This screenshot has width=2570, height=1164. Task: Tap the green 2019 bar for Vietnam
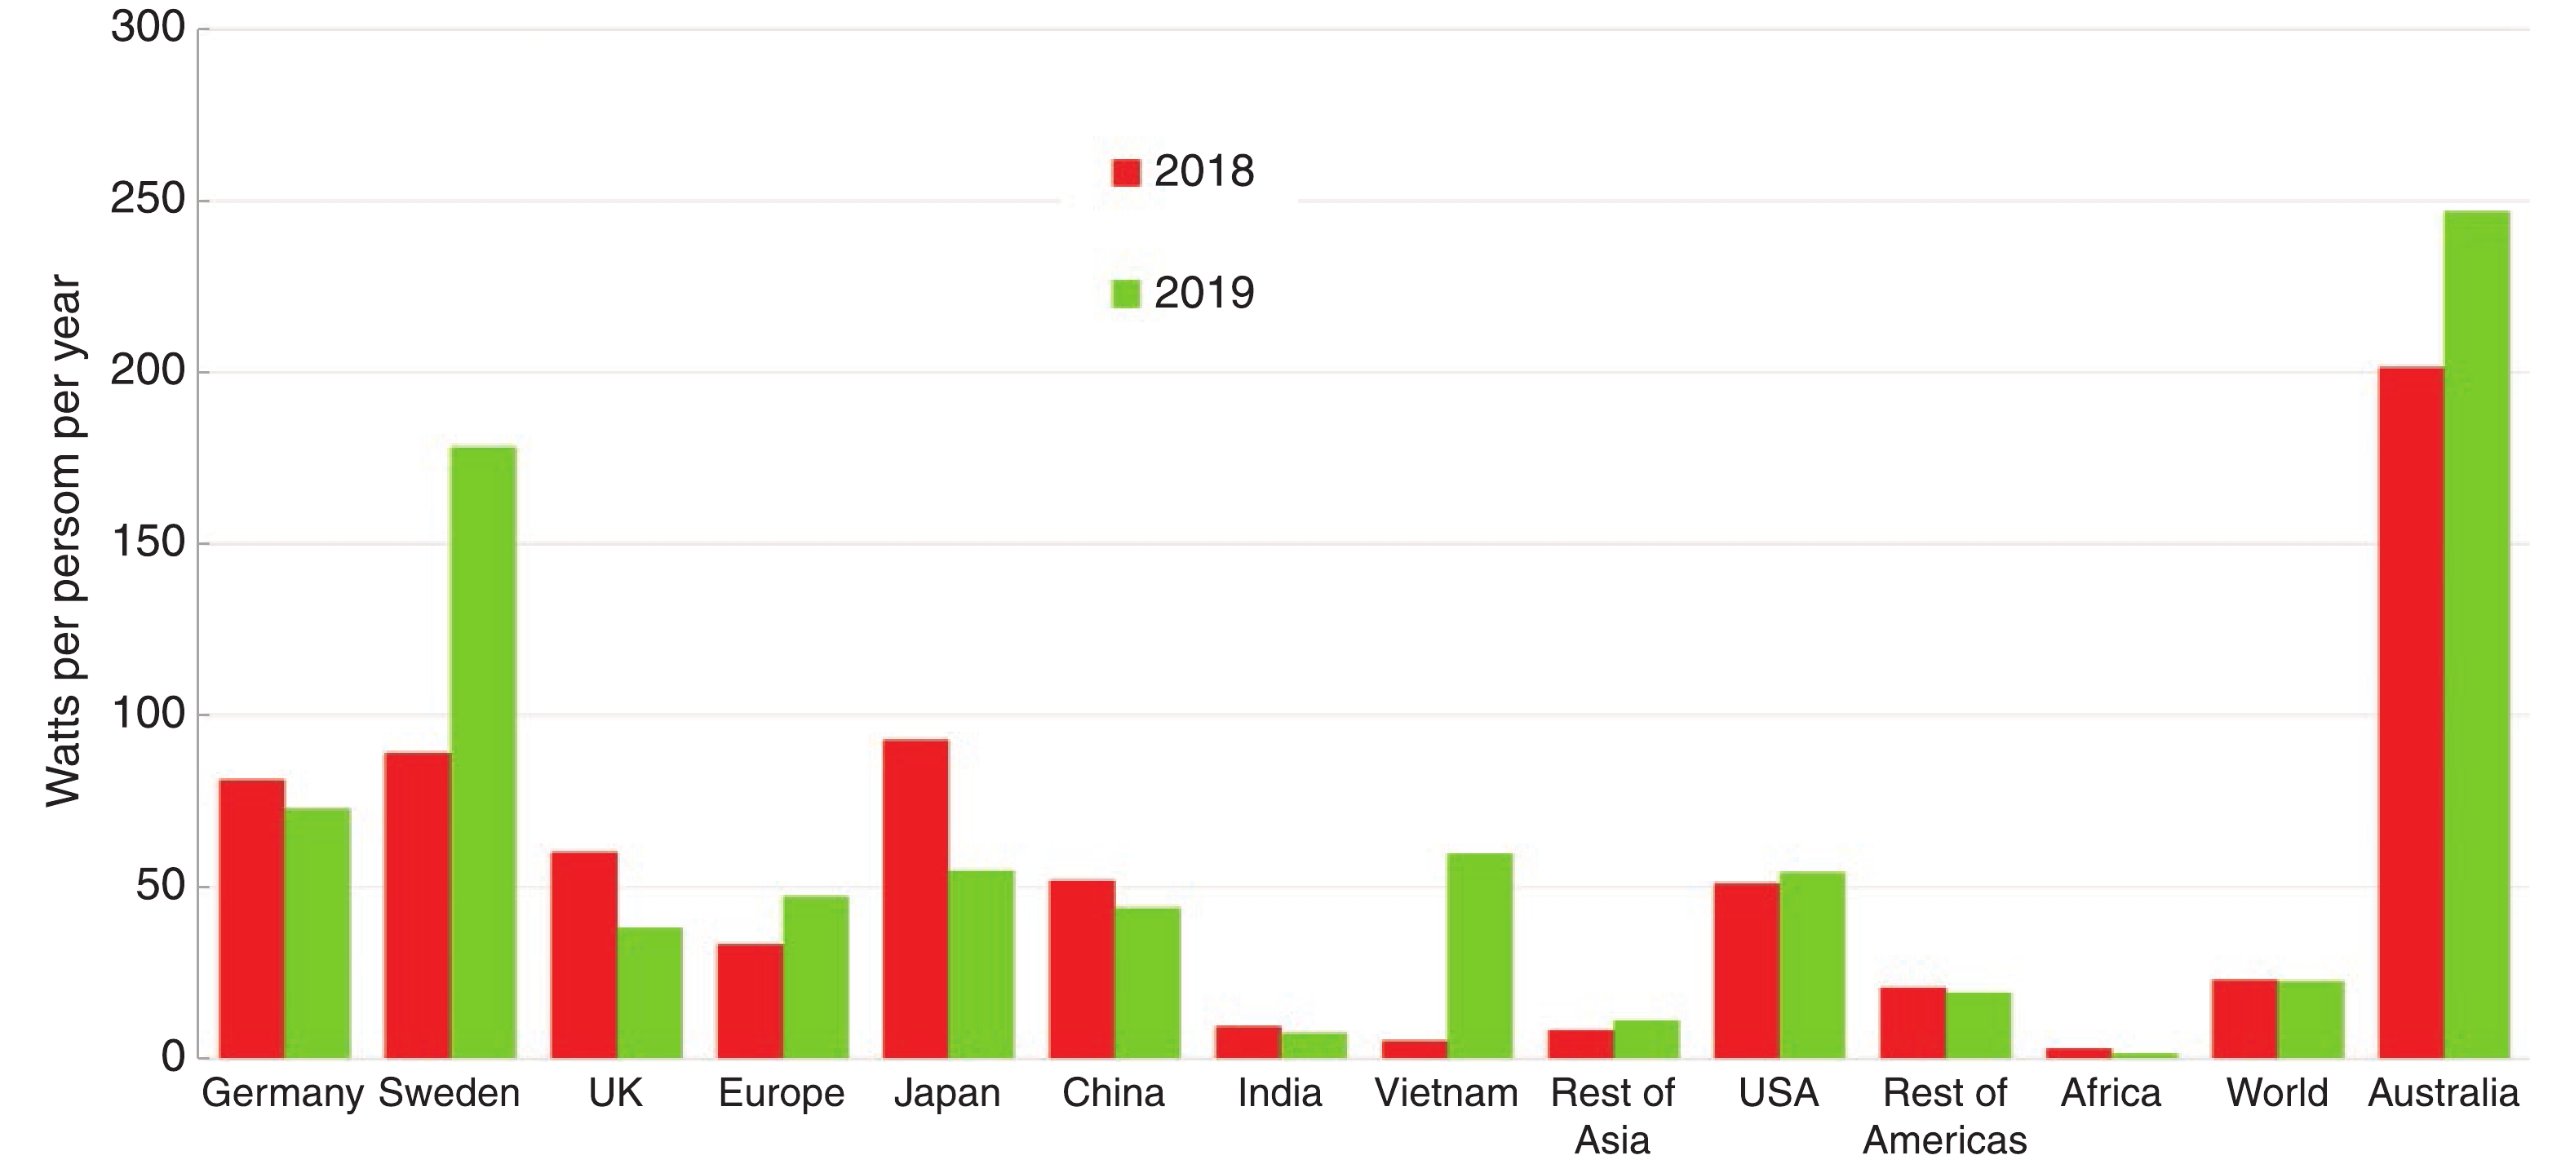pyautogui.click(x=1479, y=954)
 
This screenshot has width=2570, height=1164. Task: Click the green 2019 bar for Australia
pyautogui.click(x=2476, y=635)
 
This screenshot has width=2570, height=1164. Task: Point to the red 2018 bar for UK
pyautogui.click(x=583, y=954)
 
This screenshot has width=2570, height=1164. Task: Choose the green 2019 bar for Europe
pyautogui.click(x=815, y=976)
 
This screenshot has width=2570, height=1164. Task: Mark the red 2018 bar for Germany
pyautogui.click(x=251, y=918)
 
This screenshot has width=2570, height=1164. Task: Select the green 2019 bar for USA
pyautogui.click(x=1812, y=964)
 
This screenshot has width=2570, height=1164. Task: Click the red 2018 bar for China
pyautogui.click(x=1082, y=968)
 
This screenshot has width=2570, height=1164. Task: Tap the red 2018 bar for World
pyautogui.click(x=2244, y=1018)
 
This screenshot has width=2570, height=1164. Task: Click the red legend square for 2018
pyautogui.click(x=1125, y=173)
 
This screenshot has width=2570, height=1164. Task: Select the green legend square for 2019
pyautogui.click(x=1125, y=294)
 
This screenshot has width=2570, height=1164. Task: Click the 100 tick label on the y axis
pyautogui.click(x=148, y=715)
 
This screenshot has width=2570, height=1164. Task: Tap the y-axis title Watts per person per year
pyautogui.click(x=64, y=542)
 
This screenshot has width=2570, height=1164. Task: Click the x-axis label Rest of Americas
pyautogui.click(x=1944, y=1116)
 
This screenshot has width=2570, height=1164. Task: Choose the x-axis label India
pyautogui.click(x=1279, y=1093)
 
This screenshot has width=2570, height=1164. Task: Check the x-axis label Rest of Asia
pyautogui.click(x=1612, y=1116)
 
